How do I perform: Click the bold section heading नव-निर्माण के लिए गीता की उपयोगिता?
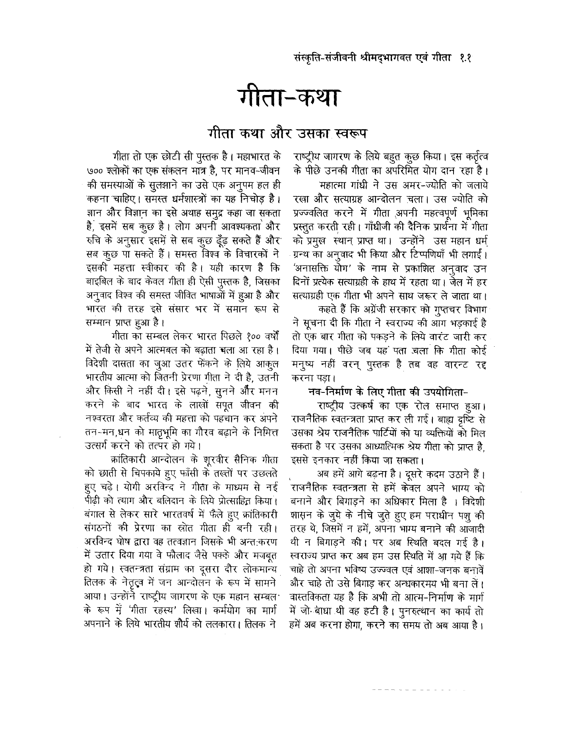385,392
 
